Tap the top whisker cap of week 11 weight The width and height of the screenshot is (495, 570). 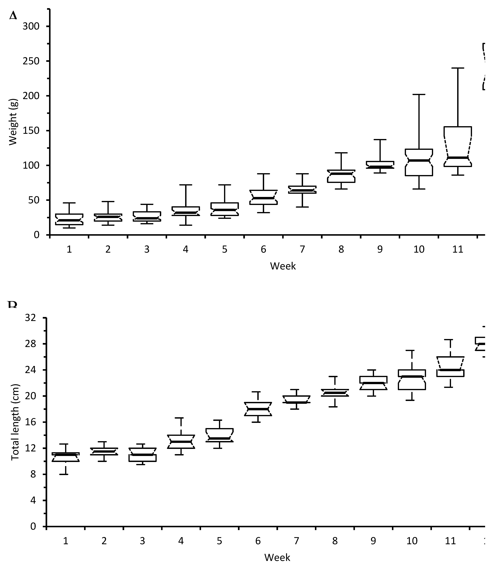tap(458, 68)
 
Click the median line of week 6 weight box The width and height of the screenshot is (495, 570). tap(263, 198)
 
